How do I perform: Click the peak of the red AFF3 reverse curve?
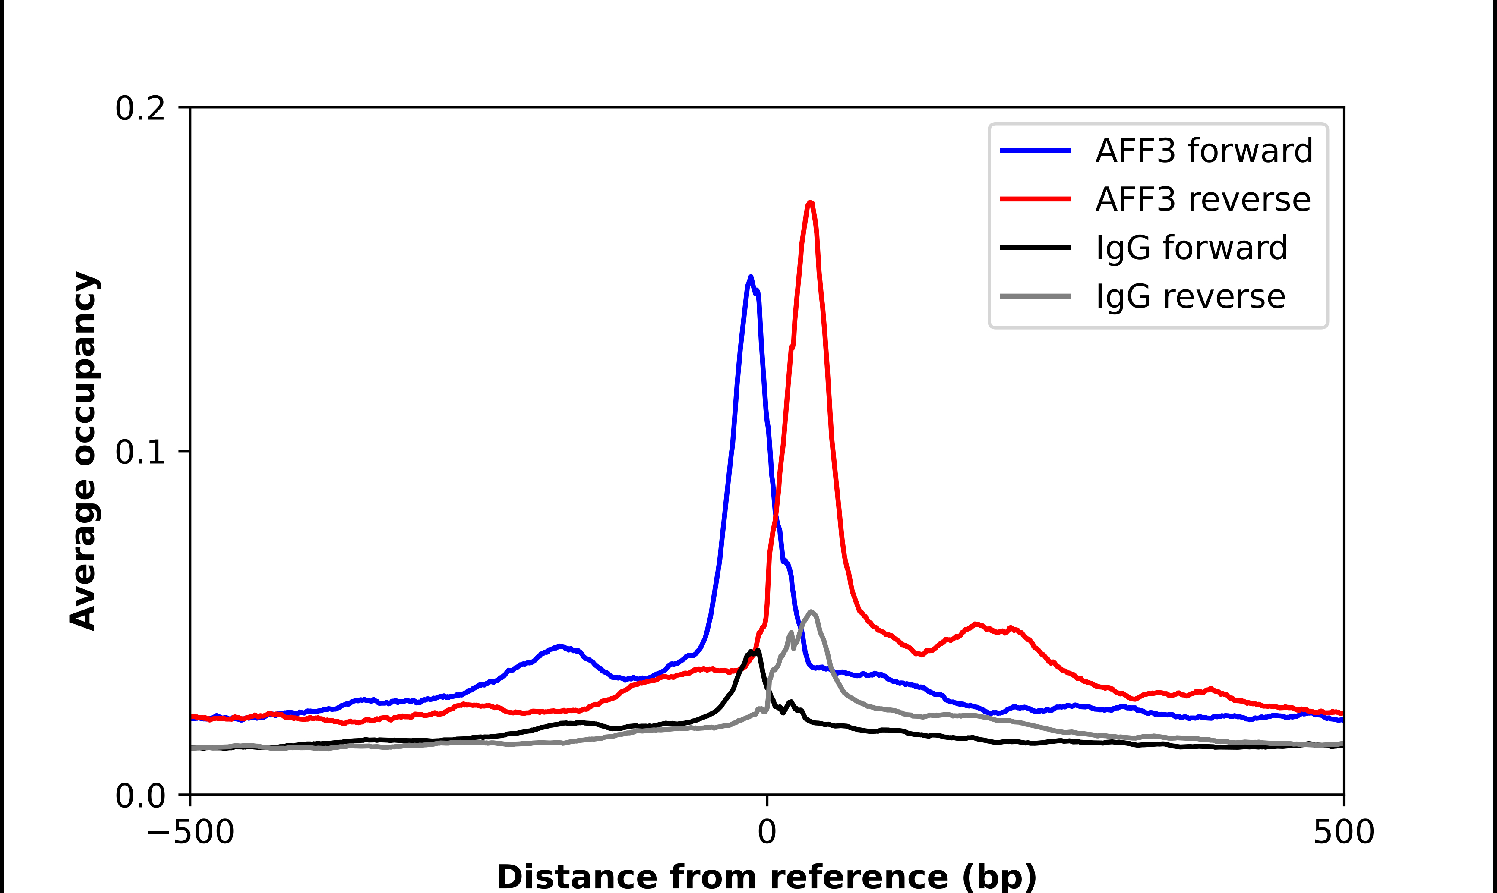[810, 203]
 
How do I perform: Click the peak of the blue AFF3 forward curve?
[751, 277]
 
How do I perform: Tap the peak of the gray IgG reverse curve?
[812, 612]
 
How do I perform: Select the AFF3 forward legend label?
[1204, 151]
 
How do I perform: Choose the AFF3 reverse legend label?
[1203, 199]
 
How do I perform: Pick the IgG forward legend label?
[1191, 248]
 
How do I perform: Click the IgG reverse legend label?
[1190, 297]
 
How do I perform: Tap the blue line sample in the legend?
[1035, 151]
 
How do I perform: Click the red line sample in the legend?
[1035, 199]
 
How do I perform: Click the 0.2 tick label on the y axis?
[140, 109]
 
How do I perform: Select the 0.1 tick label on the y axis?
[140, 452]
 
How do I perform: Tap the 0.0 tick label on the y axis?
[140, 796]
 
